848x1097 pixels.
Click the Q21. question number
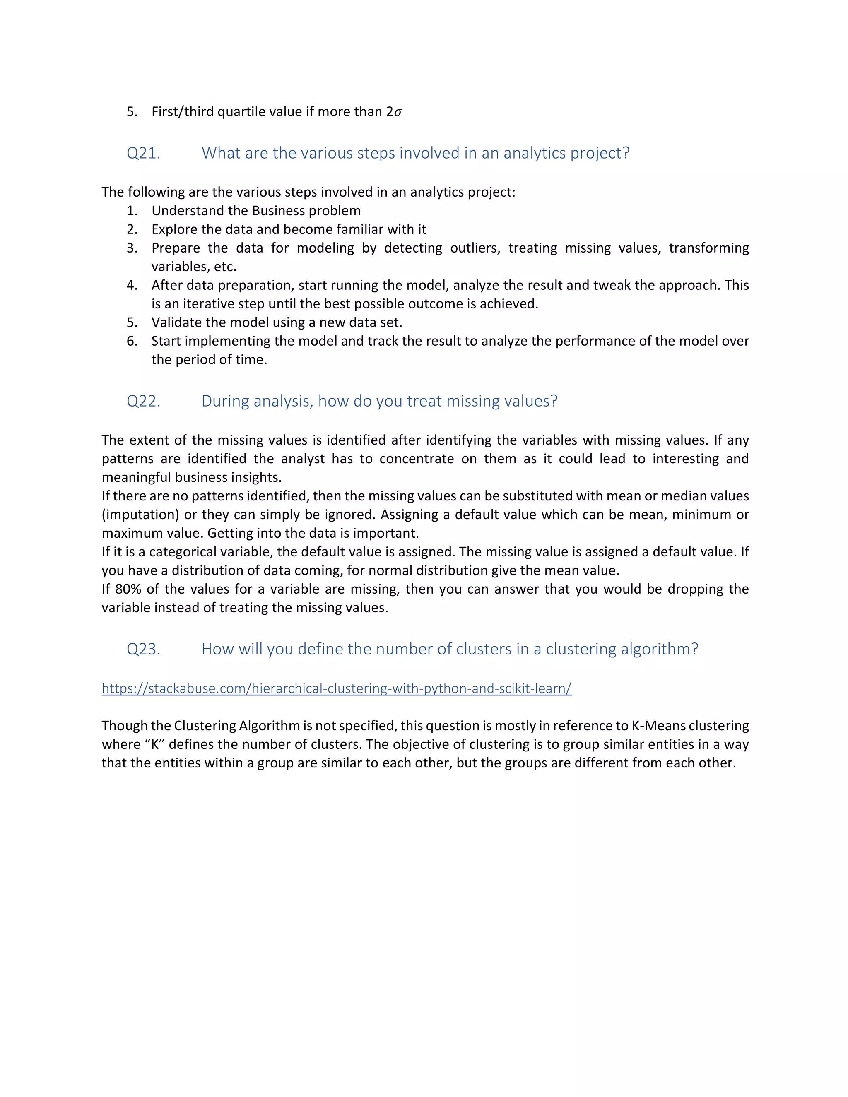click(x=143, y=153)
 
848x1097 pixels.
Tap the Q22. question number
click(x=143, y=401)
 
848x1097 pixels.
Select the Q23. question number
click(x=143, y=650)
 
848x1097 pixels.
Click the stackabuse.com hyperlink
click(x=337, y=688)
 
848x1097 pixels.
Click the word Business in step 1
click(x=276, y=211)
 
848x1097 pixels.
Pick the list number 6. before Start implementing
click(x=132, y=341)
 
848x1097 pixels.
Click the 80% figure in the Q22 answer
click(x=128, y=589)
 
